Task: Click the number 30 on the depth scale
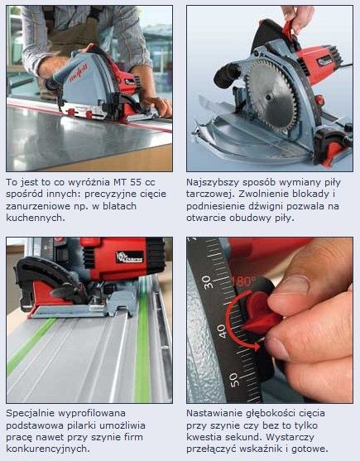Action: tap(207, 282)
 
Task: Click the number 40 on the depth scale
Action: tap(222, 331)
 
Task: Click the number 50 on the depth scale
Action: tap(234, 380)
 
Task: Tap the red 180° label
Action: tap(242, 281)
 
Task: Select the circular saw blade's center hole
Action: tap(268, 97)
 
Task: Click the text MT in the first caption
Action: tap(121, 182)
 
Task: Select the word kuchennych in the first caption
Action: tap(36, 218)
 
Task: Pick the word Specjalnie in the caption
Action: tap(31, 414)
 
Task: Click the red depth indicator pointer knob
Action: tap(258, 313)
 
